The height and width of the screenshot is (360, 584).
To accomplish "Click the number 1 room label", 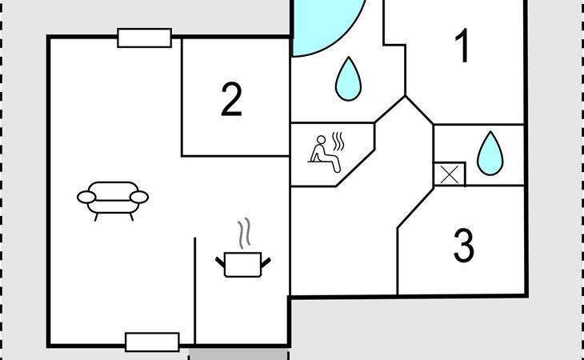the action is (462, 46).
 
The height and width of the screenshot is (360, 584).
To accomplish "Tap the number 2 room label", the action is (231, 99).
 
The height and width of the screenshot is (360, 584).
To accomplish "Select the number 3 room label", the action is (464, 246).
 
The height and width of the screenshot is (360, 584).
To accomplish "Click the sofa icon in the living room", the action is (113, 201).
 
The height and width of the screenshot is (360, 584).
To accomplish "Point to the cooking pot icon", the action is (243, 265).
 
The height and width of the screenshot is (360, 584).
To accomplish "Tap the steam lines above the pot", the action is (244, 234).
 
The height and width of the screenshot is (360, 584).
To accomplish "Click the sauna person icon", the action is (325, 154).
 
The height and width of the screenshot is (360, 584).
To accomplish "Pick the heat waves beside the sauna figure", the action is (338, 141).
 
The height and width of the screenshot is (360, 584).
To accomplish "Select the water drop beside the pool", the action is (348, 79).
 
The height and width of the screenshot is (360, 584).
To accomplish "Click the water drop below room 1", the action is (490, 153).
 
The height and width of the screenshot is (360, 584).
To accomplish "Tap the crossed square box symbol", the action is (450, 174).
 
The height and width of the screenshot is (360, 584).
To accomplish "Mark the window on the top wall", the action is (145, 38).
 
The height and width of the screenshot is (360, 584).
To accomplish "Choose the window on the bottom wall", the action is (152, 342).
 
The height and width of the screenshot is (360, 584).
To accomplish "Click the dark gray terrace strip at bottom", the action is (238, 354).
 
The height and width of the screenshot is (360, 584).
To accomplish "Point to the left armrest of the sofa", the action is (86, 198).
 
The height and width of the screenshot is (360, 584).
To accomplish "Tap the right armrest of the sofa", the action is (139, 198).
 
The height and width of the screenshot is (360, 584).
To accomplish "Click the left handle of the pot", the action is (220, 262).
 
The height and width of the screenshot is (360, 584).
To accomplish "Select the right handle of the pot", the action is (266, 262).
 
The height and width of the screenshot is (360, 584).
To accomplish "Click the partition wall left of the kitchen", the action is (194, 290).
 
